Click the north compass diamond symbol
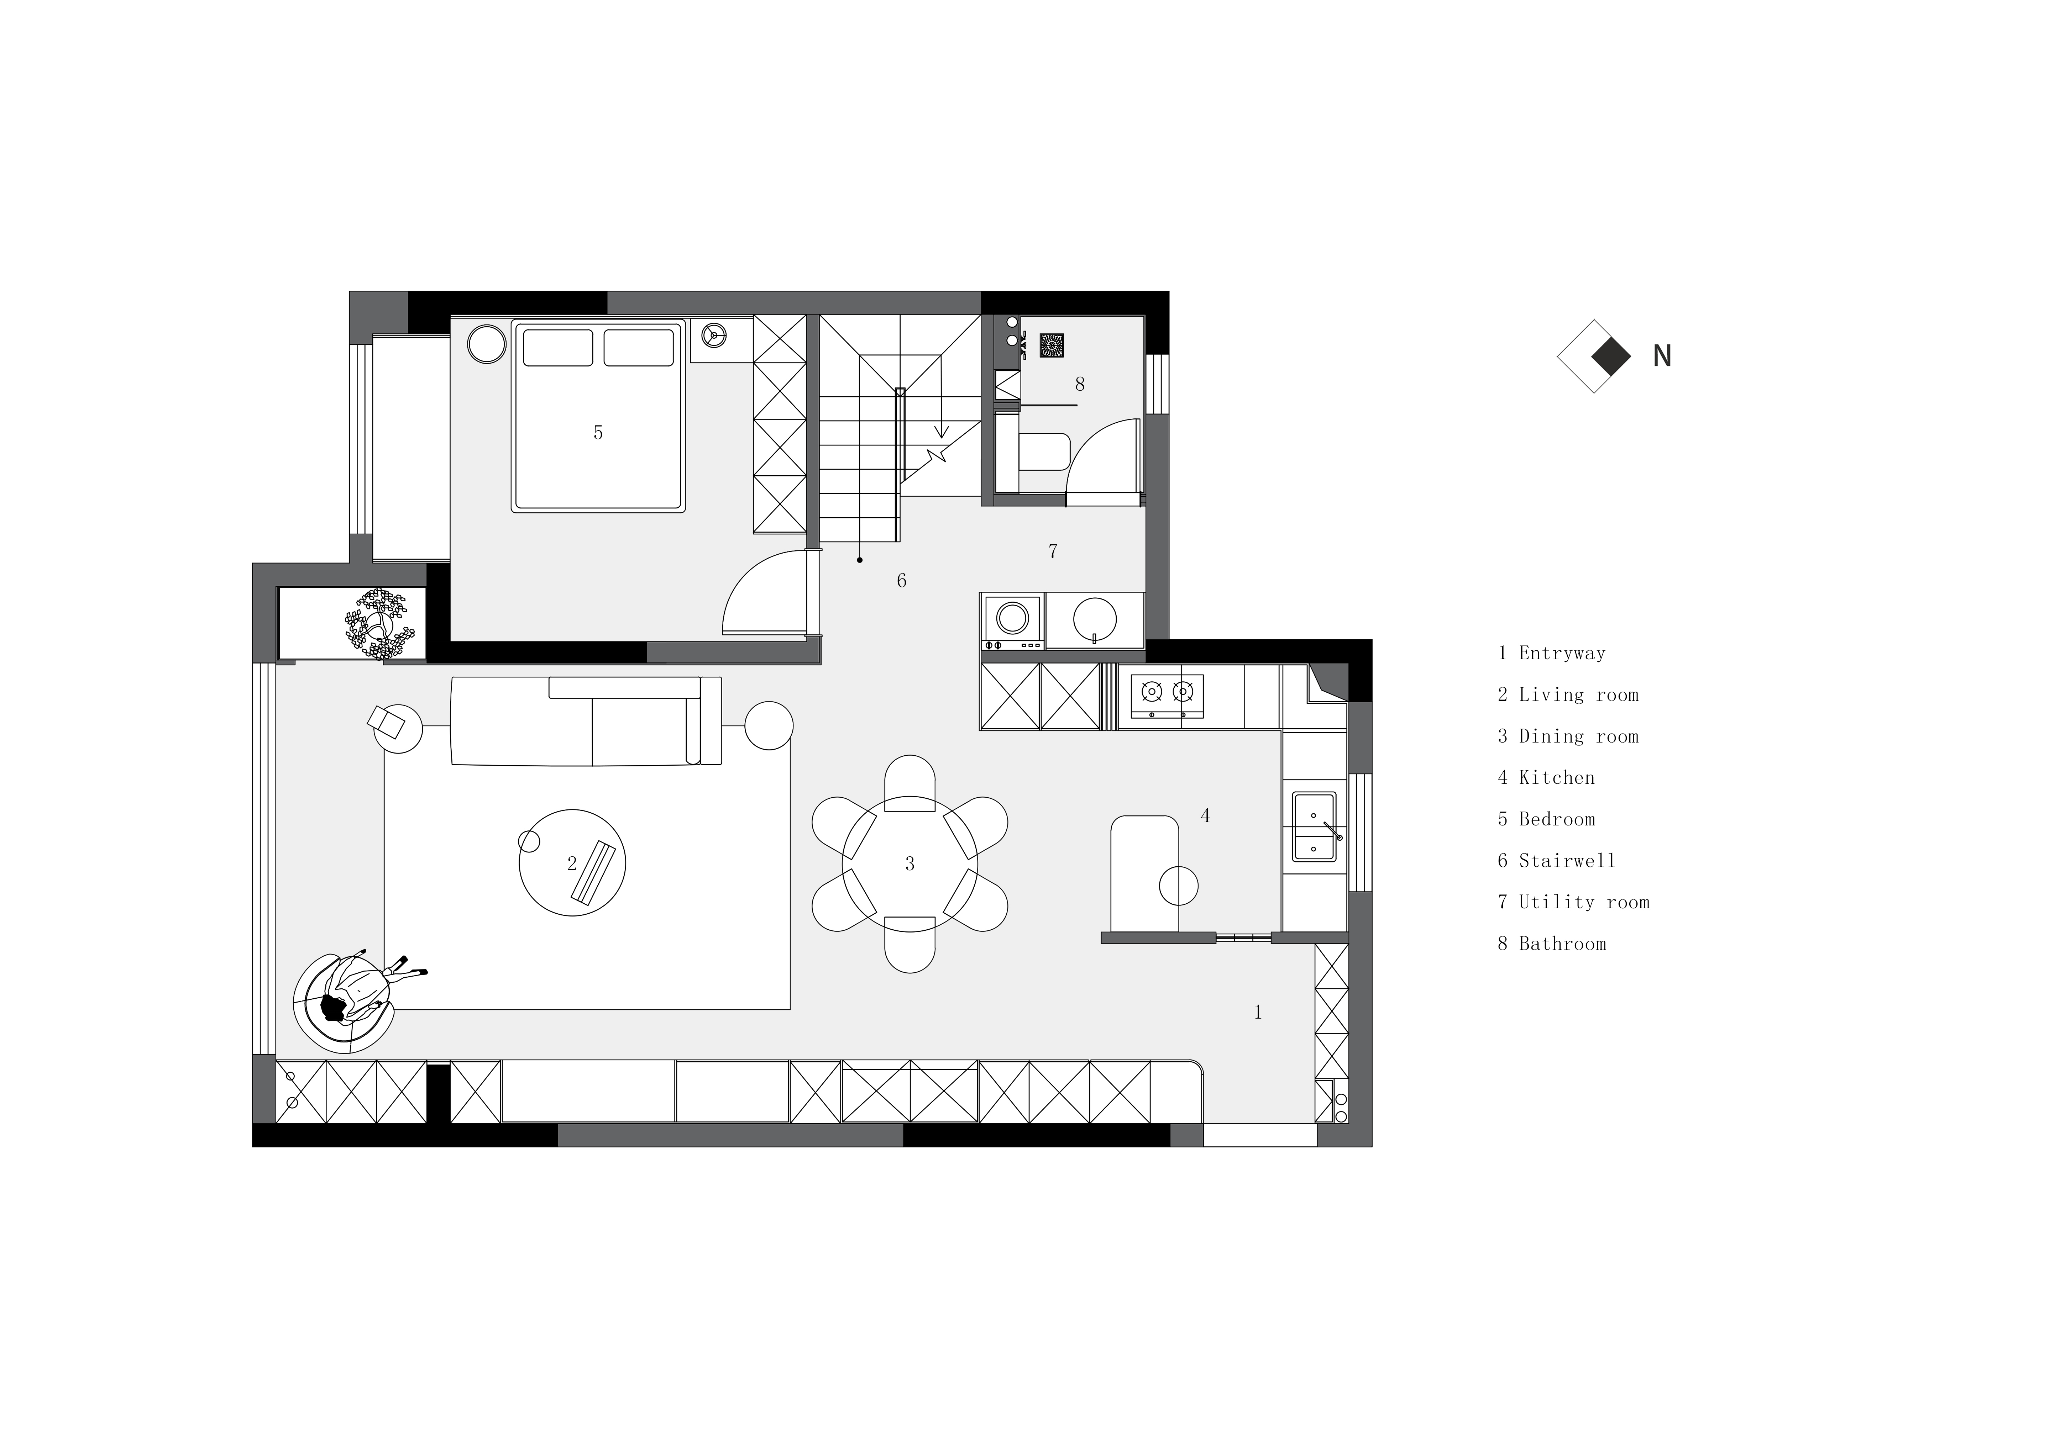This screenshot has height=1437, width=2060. coord(1594,356)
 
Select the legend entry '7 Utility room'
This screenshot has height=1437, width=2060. coord(1574,902)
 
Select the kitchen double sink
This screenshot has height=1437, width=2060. coord(1314,827)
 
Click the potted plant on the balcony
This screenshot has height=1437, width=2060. coord(379,624)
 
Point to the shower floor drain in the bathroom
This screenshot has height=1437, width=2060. coord(1052,345)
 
